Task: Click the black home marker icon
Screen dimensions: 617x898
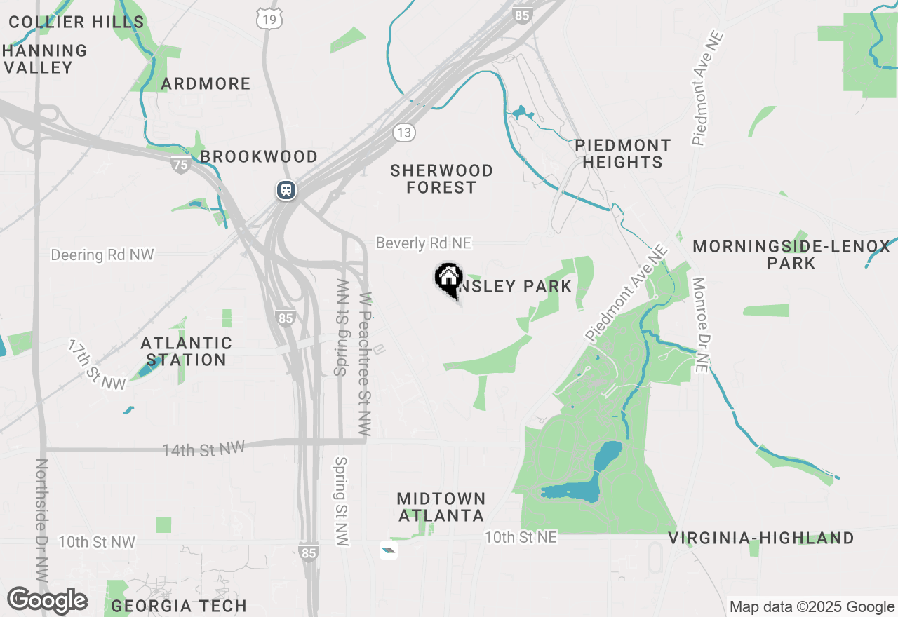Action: pyautogui.click(x=448, y=280)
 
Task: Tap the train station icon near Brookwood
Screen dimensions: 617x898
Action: pyautogui.click(x=286, y=190)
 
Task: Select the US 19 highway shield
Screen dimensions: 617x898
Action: pyautogui.click(x=269, y=19)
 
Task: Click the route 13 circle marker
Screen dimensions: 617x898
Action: pyautogui.click(x=404, y=132)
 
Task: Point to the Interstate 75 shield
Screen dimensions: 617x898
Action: pyautogui.click(x=180, y=165)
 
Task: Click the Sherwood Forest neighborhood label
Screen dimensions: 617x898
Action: pyautogui.click(x=441, y=179)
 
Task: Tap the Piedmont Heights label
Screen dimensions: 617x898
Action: pyautogui.click(x=622, y=154)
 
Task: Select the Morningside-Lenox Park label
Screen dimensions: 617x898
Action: pyautogui.click(x=791, y=255)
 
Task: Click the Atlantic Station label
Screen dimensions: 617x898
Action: pyautogui.click(x=186, y=351)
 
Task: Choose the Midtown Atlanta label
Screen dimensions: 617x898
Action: pyautogui.click(x=441, y=507)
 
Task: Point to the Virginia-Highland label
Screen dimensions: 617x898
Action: pyautogui.click(x=760, y=538)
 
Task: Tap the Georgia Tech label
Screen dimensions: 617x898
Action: pyautogui.click(x=179, y=606)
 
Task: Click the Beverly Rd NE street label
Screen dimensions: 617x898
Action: pyautogui.click(x=424, y=243)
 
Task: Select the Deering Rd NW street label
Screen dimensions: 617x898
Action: pyautogui.click(x=102, y=255)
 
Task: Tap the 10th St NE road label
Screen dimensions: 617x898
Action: pyautogui.click(x=521, y=537)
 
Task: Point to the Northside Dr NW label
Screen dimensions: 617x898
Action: pyautogui.click(x=41, y=519)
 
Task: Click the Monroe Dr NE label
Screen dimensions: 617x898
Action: pyautogui.click(x=700, y=324)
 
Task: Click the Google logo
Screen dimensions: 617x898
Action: pyautogui.click(x=47, y=600)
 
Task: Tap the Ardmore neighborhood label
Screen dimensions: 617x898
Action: pyautogui.click(x=206, y=84)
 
